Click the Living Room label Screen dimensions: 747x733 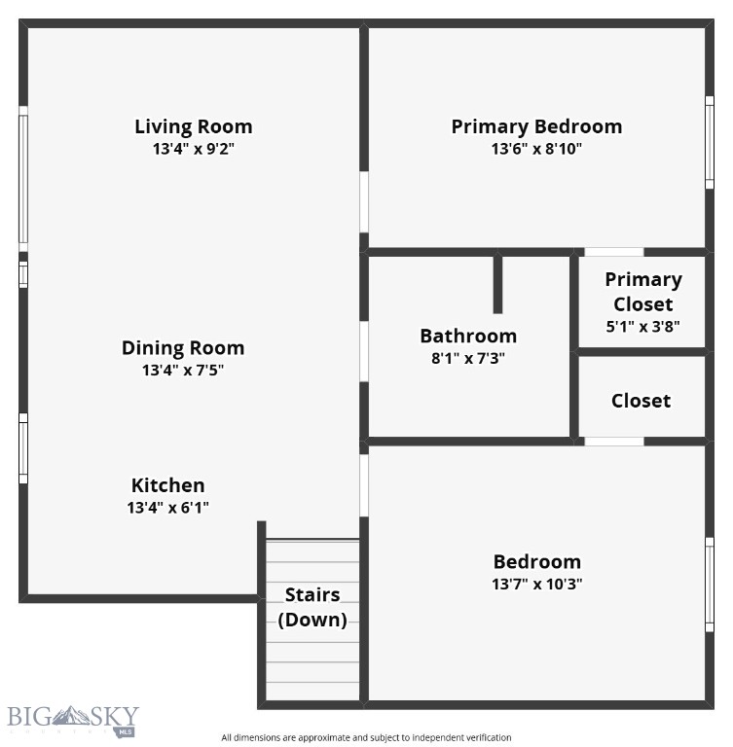click(x=193, y=126)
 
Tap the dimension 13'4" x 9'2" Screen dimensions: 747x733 click(x=193, y=150)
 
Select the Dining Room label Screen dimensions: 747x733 click(x=183, y=347)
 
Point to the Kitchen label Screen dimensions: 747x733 click(x=167, y=484)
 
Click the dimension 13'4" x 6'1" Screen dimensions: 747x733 click(x=167, y=508)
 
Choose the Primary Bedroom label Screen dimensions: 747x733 click(x=536, y=126)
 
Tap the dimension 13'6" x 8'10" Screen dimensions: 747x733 click(x=536, y=150)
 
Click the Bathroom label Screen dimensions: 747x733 click(x=468, y=336)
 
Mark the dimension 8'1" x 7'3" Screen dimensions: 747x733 click(x=468, y=358)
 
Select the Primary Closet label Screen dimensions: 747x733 click(x=642, y=291)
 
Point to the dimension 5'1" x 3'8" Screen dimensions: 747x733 click(x=642, y=327)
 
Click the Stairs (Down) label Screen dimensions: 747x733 click(x=312, y=607)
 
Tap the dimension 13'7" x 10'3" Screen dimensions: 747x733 click(x=537, y=585)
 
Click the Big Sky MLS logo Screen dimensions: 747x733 click(x=74, y=721)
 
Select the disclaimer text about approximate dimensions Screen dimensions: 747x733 click(x=366, y=737)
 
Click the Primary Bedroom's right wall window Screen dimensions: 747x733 click(x=710, y=142)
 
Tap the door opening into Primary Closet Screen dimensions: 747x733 click(x=613, y=252)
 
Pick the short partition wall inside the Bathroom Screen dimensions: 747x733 click(x=497, y=283)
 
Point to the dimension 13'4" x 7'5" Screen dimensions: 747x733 click(x=183, y=371)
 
